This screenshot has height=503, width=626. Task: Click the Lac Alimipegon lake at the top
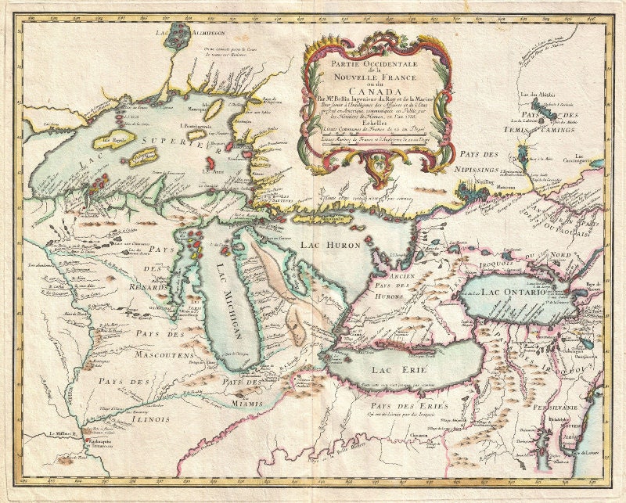[181, 33]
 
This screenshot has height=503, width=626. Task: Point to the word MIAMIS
[246, 404]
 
